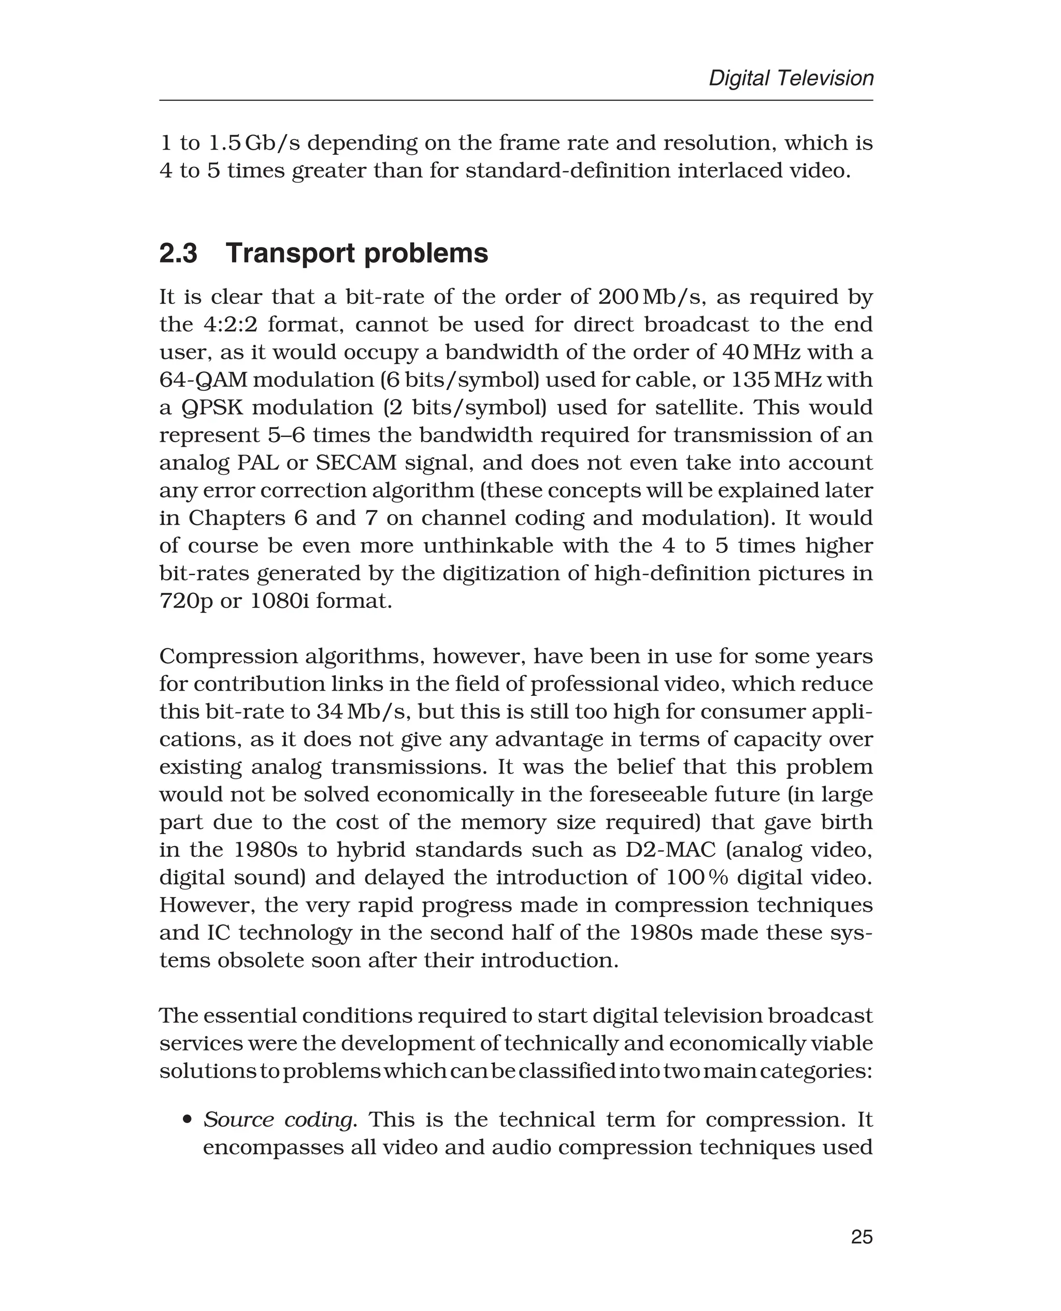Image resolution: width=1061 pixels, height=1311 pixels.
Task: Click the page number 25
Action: pyautogui.click(x=861, y=1236)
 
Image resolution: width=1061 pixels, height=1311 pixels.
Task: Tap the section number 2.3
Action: pyautogui.click(x=178, y=253)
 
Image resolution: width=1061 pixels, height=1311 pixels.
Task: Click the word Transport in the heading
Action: pyautogui.click(x=290, y=253)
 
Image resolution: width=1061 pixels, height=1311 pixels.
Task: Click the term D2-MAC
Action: pyautogui.click(x=662, y=850)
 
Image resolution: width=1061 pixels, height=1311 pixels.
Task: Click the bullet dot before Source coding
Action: pyautogui.click(x=188, y=1120)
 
